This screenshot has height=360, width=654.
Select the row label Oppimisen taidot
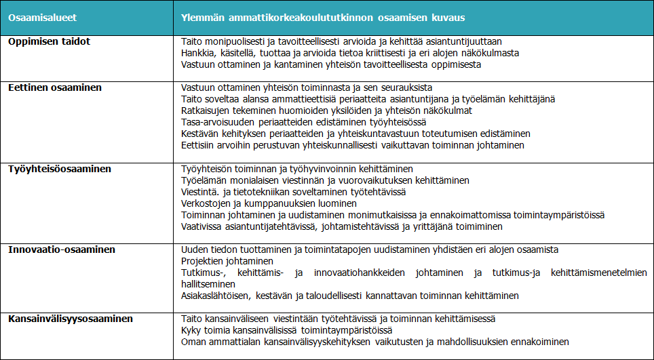[50, 41]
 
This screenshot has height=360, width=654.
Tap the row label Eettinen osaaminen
[55, 87]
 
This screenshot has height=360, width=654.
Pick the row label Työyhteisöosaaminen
[60, 168]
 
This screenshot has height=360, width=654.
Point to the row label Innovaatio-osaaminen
[62, 249]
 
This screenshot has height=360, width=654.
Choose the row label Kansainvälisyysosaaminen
[71, 319]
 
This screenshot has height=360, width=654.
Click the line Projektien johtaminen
[227, 261]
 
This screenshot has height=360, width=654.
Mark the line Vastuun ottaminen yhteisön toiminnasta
[307, 87]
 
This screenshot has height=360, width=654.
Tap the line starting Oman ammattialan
[374, 342]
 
